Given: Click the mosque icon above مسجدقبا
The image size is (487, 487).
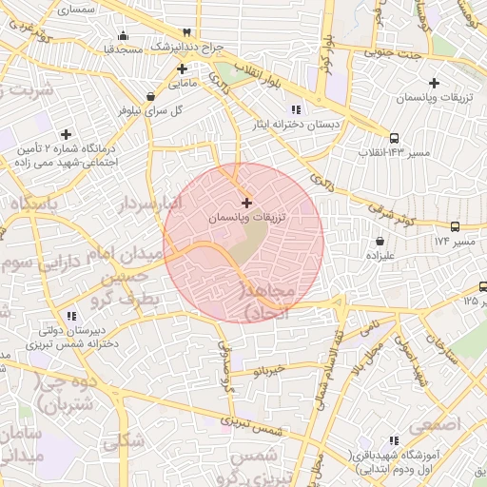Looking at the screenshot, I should point(123,35).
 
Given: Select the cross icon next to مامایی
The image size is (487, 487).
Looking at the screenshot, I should point(182,68).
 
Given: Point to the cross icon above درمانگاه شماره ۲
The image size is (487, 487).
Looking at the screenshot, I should point(66,134).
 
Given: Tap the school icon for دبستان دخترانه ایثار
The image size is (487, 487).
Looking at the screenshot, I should point(295,107).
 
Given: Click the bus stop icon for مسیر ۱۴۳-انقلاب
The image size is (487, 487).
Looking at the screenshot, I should point(395,137).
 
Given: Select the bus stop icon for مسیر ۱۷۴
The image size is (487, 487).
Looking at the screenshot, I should point(456,226).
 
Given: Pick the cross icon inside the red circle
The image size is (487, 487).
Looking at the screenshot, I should point(247,202).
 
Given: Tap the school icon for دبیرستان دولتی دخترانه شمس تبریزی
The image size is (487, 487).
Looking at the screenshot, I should point(71,316).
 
